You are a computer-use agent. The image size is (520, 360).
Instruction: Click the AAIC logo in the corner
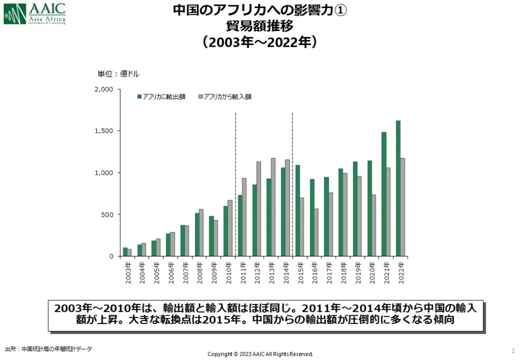[x=35, y=14]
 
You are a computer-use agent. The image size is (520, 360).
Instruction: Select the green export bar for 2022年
[x=398, y=188]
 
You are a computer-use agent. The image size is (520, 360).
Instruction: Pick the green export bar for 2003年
[x=125, y=252]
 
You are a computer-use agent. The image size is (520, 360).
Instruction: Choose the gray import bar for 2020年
[x=374, y=225]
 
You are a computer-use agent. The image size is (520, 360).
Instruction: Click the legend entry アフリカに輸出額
[x=161, y=96]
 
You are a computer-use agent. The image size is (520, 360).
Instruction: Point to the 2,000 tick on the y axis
[x=104, y=89]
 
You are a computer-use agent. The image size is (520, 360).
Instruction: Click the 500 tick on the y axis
[x=108, y=214]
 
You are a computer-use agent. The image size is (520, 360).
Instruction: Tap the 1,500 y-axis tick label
[x=104, y=131]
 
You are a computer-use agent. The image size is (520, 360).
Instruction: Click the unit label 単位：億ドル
[x=118, y=74]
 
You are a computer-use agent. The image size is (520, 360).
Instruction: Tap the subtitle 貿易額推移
[x=259, y=25]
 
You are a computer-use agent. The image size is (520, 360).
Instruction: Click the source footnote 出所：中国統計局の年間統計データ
[x=49, y=349]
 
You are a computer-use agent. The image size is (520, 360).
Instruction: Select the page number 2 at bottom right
[x=513, y=350]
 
